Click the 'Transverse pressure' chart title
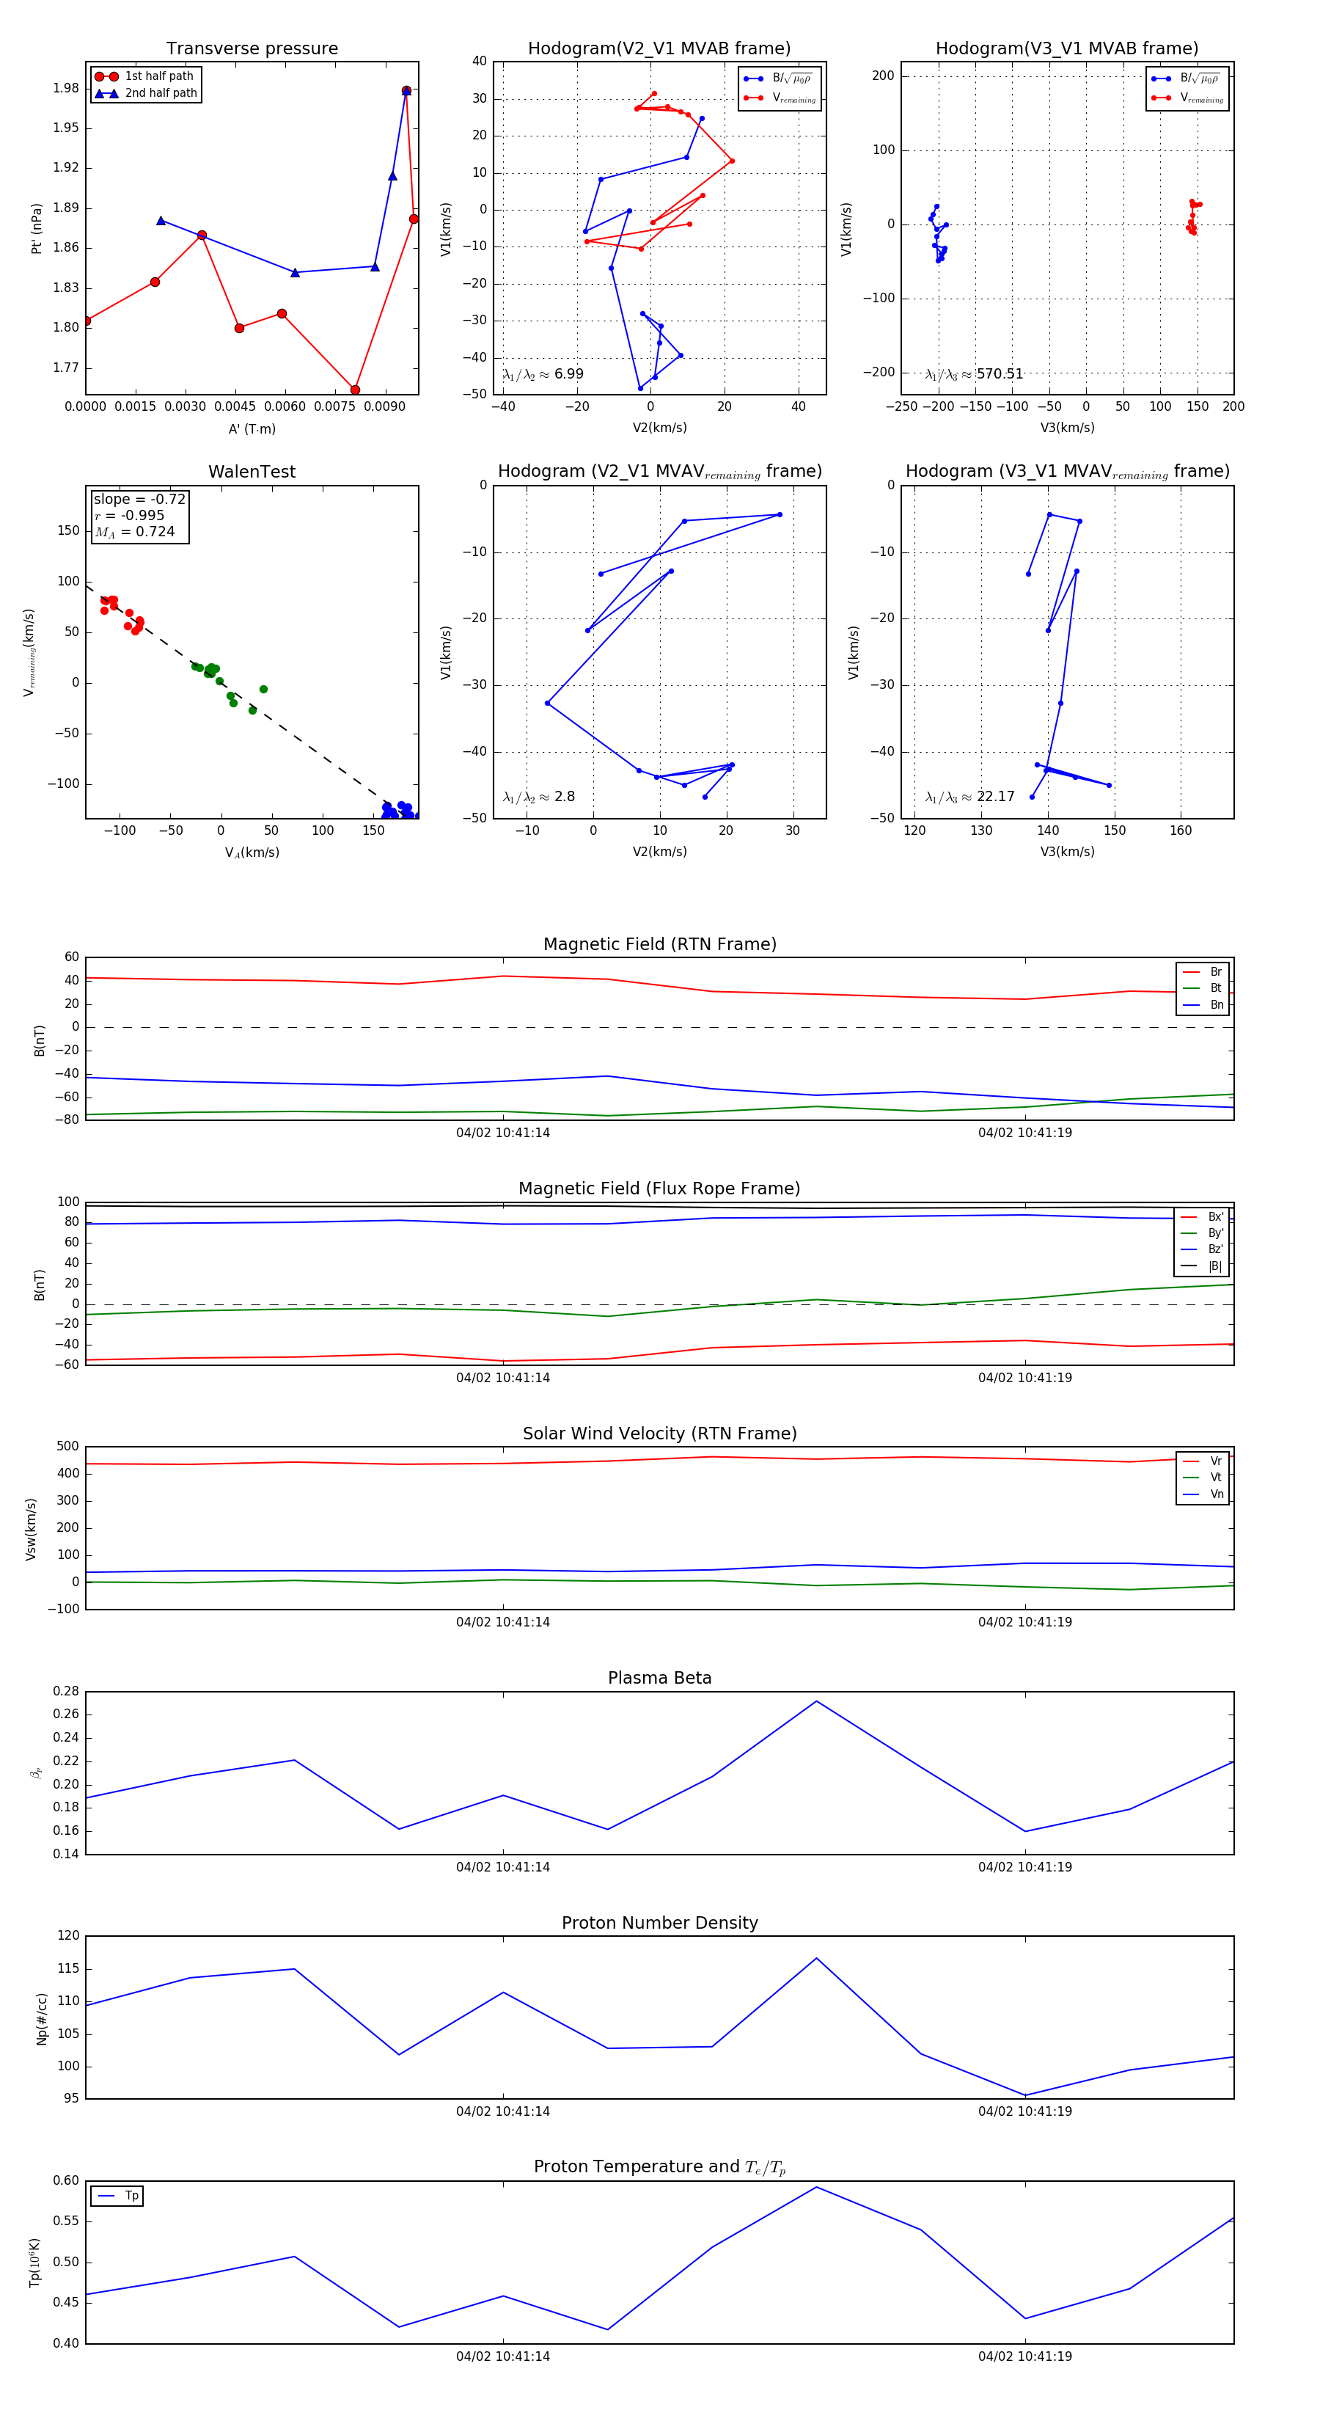tap(252, 49)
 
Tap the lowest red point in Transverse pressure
tap(355, 390)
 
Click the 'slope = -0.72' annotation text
tap(139, 499)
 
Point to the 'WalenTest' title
tap(252, 472)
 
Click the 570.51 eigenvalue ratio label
tap(975, 374)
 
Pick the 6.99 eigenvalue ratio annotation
tap(543, 374)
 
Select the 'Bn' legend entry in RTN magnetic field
tap(1216, 1004)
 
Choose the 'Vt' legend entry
tap(1216, 1478)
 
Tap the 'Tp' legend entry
tap(131, 2197)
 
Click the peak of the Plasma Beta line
tap(816, 1701)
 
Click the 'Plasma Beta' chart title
tap(659, 1679)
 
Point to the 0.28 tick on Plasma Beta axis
tap(66, 1692)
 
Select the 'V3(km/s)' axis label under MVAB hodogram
tap(1066, 428)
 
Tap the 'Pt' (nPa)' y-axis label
tap(37, 228)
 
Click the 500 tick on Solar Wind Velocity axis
tap(67, 1447)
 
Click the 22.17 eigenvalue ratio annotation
tap(969, 797)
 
